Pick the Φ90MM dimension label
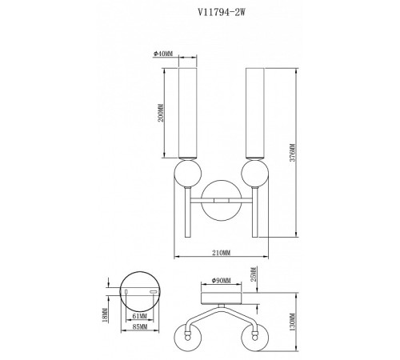(x=221, y=281)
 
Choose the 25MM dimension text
(x=254, y=279)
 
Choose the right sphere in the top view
(x=256, y=337)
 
